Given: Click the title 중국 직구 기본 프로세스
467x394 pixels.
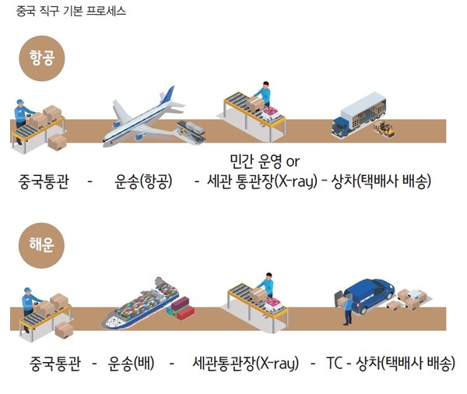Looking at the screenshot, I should pyautogui.click(x=71, y=12).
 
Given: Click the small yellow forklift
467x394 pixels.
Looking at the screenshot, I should pyautogui.click(x=387, y=132).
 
